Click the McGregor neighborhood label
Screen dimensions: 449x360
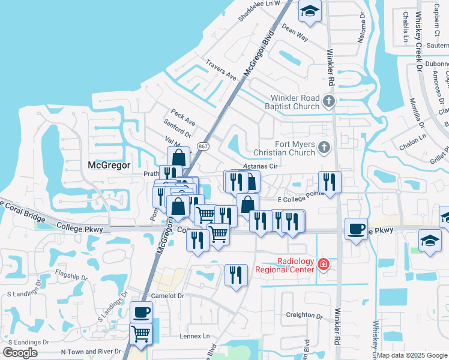coord(109,165)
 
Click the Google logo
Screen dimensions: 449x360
coord(20,352)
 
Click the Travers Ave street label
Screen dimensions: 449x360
coord(221,70)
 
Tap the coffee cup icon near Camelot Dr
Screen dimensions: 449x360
coord(141,312)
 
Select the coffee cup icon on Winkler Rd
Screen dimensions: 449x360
coord(357,229)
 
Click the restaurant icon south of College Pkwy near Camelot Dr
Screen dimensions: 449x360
coord(236,275)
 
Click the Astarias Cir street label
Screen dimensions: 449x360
coord(259,166)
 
